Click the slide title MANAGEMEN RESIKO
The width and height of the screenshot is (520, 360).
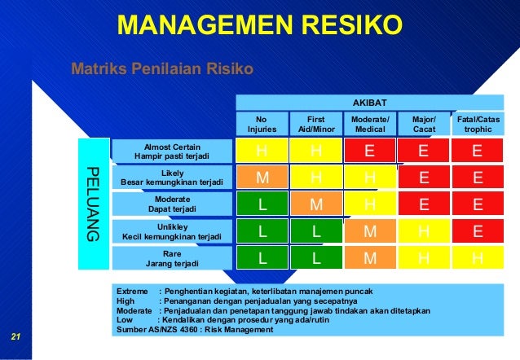[260, 24]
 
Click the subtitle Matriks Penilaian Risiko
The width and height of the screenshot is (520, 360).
[162, 68]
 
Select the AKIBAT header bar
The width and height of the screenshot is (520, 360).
[376, 103]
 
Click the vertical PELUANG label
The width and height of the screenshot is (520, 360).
[91, 204]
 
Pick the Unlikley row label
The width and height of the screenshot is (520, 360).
[172, 231]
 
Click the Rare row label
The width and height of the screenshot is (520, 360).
[172, 258]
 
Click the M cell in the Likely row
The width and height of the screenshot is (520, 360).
[262, 178]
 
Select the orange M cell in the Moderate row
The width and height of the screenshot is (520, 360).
[315, 204]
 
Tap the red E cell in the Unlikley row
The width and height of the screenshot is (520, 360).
[478, 231]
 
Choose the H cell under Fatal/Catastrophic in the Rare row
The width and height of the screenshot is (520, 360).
[478, 258]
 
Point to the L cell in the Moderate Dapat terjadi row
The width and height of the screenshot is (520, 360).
[262, 204]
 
